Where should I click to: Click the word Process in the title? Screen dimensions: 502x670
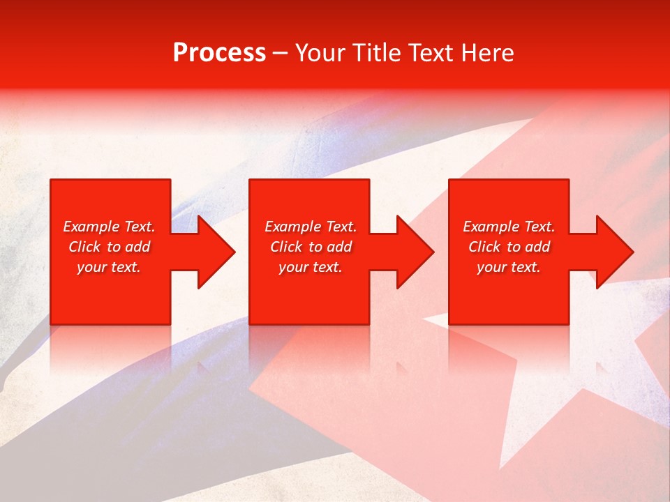(x=219, y=53)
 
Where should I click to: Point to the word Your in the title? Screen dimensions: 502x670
(x=318, y=53)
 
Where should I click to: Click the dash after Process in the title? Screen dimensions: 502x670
(x=280, y=54)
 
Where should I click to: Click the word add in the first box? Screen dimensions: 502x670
(x=137, y=247)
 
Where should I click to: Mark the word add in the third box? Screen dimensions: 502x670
(x=537, y=247)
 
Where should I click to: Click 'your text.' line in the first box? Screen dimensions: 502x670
(x=109, y=267)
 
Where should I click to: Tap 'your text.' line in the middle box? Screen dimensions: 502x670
(x=311, y=267)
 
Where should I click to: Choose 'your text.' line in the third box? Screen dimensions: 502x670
(x=509, y=267)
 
